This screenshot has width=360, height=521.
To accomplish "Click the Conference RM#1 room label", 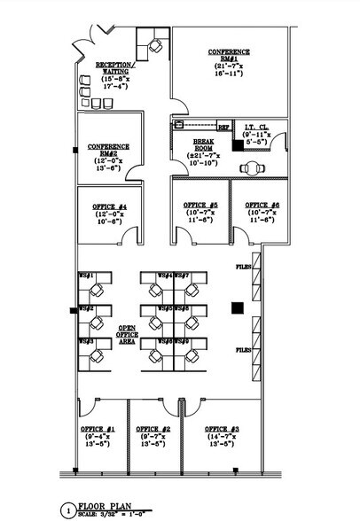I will click(x=228, y=56).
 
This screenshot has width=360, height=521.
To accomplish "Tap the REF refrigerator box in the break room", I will click(x=223, y=127).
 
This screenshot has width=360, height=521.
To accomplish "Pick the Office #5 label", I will click(x=200, y=205).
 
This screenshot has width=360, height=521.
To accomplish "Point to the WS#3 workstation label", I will click(x=87, y=339).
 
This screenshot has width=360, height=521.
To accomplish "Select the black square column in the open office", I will click(x=237, y=307).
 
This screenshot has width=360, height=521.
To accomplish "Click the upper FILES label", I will click(x=243, y=265).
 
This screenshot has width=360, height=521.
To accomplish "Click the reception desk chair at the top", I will click(x=156, y=43).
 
